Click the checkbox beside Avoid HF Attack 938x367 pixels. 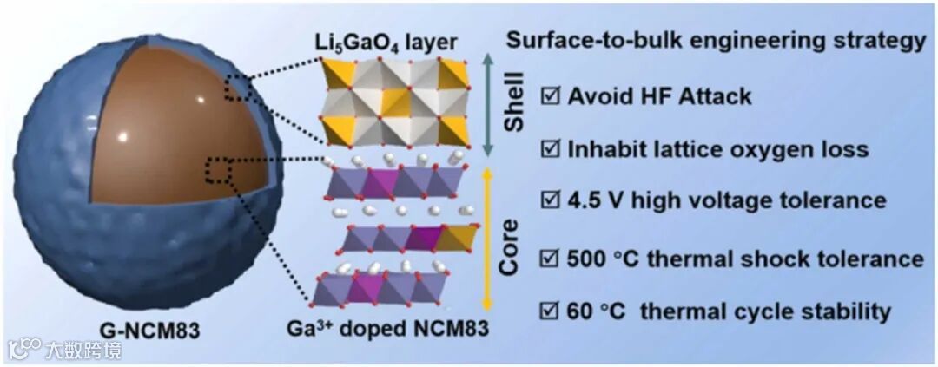pyautogui.click(x=550, y=95)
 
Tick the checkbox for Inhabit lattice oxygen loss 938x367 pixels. pyautogui.click(x=550, y=149)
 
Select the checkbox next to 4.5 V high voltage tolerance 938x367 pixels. pyautogui.click(x=550, y=200)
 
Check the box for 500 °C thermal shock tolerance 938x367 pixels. pyautogui.click(x=550, y=259)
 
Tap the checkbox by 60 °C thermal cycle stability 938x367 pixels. pyautogui.click(x=550, y=310)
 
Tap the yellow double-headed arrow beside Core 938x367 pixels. pyautogui.click(x=487, y=239)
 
